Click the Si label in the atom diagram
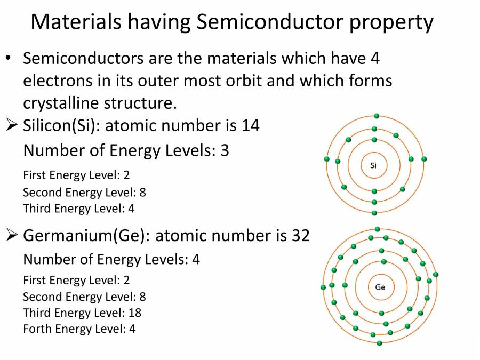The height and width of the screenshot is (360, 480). [373, 165]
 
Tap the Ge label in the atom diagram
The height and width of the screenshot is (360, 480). [380, 287]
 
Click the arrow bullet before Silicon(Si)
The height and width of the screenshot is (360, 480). [12, 126]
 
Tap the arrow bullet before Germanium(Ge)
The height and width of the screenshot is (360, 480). [12, 235]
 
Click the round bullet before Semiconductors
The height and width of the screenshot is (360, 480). [9, 58]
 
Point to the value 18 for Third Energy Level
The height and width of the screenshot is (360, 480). [135, 313]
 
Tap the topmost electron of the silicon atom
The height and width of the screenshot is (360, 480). [377, 116]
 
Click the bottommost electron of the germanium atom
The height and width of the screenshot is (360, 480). [379, 343]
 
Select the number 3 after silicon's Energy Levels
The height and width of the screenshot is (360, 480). [225, 150]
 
